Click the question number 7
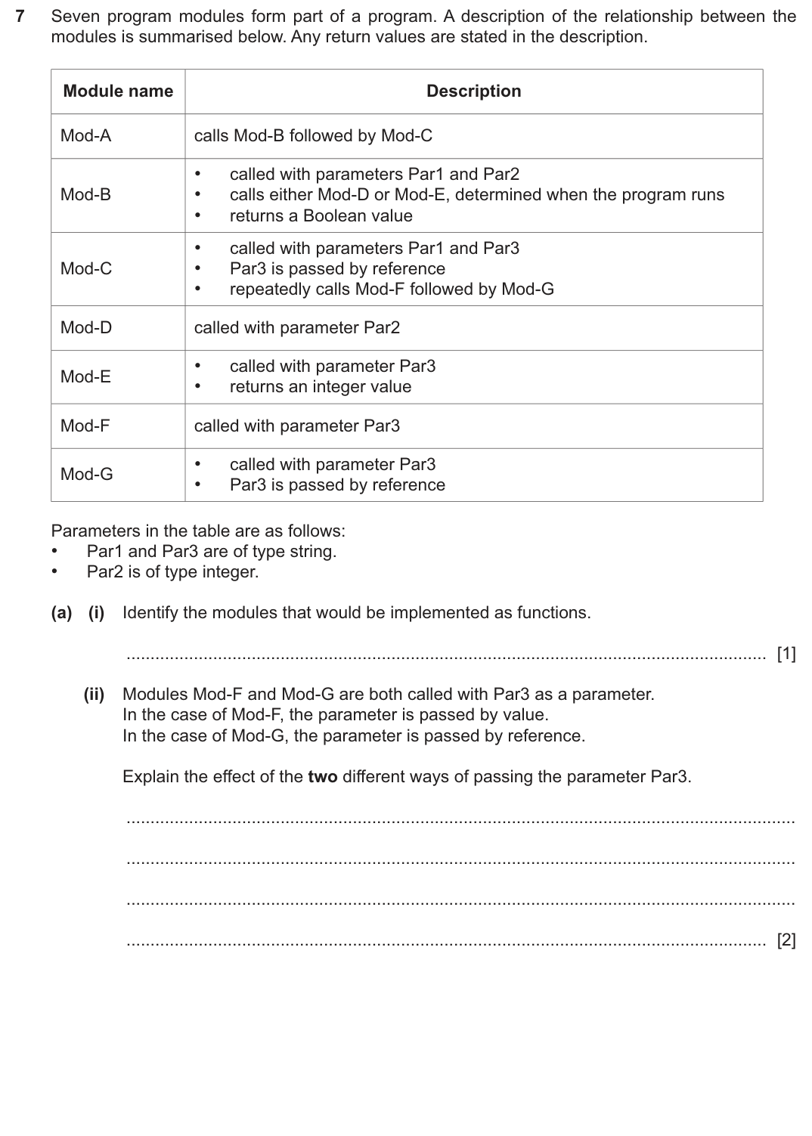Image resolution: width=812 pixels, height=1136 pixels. click(x=21, y=16)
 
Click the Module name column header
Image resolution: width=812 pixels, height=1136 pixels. click(x=118, y=91)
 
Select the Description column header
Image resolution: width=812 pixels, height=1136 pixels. click(x=473, y=91)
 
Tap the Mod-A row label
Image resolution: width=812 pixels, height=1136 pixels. click(x=85, y=136)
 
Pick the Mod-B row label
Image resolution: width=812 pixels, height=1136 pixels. click(x=85, y=195)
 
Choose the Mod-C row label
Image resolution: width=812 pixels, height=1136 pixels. click(x=85, y=269)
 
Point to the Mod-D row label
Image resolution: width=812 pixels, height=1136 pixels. click(x=85, y=328)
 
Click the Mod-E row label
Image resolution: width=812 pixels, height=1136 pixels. click(x=85, y=376)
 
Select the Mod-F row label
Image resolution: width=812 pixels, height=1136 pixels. click(x=85, y=426)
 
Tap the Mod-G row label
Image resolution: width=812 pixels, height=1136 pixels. click(x=86, y=475)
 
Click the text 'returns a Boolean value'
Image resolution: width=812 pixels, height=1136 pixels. click(x=321, y=216)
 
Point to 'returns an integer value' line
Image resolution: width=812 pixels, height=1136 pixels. click(x=321, y=387)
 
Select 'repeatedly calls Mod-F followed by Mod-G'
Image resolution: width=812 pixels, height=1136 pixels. click(x=392, y=289)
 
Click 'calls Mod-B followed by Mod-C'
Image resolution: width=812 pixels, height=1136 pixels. click(x=313, y=136)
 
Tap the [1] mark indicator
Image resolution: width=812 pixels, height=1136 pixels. click(x=786, y=654)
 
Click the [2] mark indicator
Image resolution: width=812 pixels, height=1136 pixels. click(x=786, y=940)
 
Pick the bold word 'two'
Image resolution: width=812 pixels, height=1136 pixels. click(x=323, y=777)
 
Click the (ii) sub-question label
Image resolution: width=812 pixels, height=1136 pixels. click(x=94, y=695)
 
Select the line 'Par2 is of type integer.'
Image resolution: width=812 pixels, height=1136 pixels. click(x=172, y=572)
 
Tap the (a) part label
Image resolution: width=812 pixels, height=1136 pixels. click(x=61, y=613)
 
